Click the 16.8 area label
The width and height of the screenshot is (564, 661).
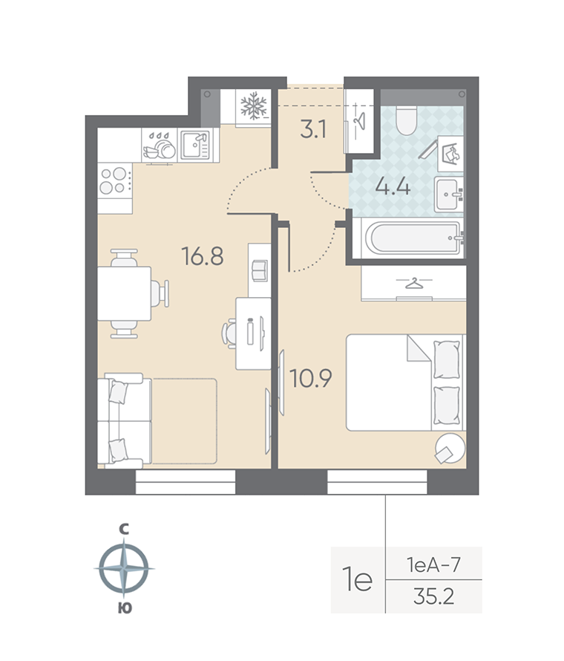(203, 256)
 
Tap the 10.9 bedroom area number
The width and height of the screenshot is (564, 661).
(312, 378)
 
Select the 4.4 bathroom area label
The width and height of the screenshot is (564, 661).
(393, 186)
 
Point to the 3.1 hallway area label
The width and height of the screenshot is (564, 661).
(313, 131)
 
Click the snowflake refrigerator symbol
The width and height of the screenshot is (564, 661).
(255, 105)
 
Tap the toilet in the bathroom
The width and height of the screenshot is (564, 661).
(405, 121)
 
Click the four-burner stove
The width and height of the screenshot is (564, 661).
(114, 179)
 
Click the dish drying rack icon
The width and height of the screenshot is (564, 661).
(159, 146)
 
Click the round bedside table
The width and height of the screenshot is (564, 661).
(450, 448)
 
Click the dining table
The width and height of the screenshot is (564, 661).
(124, 293)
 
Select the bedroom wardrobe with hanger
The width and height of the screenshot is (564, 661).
(413, 283)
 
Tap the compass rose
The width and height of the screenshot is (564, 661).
(124, 569)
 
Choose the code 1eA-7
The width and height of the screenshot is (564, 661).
(434, 564)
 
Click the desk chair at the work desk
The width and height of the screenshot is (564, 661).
(229, 331)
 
